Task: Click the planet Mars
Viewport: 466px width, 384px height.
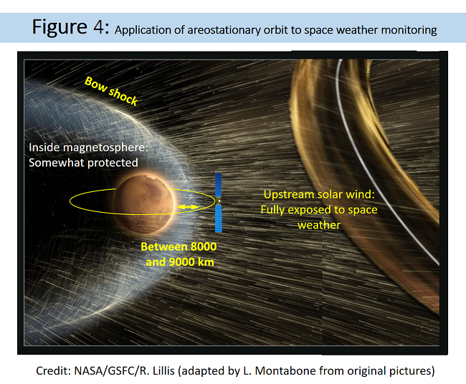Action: (x=144, y=204)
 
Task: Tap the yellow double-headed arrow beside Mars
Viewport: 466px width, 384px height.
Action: (x=188, y=207)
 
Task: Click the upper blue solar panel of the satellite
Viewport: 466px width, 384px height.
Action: (x=218, y=185)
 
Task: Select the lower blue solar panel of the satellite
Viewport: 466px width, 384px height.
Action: (x=219, y=219)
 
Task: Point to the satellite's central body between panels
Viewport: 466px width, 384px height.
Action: (x=219, y=201)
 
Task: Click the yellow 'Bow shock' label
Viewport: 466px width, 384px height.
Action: (x=111, y=91)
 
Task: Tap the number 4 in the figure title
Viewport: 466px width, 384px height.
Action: (x=99, y=27)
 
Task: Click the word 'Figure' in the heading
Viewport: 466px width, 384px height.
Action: (x=60, y=28)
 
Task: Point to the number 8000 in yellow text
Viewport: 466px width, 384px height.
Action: (x=204, y=246)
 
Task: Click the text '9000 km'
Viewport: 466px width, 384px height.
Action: (x=191, y=262)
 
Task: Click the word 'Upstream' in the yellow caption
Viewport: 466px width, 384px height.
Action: (x=289, y=195)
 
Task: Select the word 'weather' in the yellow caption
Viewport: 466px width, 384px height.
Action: (x=319, y=226)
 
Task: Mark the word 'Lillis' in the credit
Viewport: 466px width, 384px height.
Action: (x=163, y=371)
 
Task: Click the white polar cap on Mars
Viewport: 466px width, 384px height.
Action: (x=151, y=178)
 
